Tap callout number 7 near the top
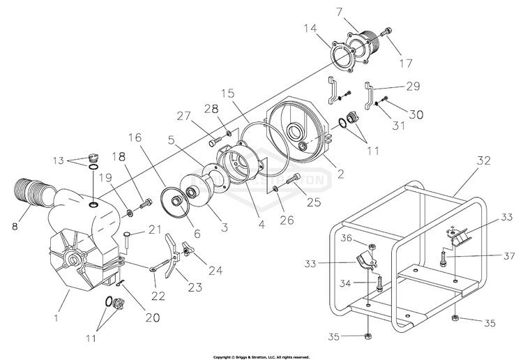point(359,12)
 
